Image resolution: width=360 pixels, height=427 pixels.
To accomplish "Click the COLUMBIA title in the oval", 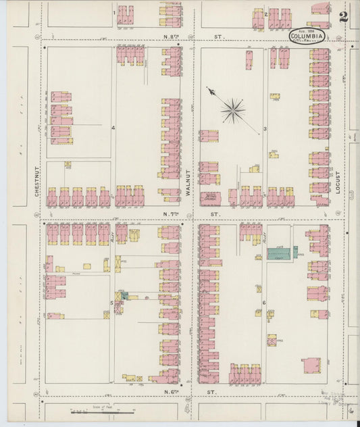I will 307,36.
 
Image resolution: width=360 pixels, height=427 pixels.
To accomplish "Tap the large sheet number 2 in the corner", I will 344,17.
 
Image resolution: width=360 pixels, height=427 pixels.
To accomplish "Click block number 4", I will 113,126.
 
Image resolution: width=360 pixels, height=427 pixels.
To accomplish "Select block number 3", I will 265,128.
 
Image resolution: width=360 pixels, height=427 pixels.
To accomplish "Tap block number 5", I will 111,303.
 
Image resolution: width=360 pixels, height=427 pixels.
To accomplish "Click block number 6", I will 264,303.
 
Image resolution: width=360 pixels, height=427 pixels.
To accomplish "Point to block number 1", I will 113,13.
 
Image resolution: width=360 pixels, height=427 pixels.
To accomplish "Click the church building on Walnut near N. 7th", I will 210,198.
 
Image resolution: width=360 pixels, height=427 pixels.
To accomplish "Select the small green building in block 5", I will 124,296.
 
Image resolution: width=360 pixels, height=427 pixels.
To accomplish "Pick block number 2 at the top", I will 266,14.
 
